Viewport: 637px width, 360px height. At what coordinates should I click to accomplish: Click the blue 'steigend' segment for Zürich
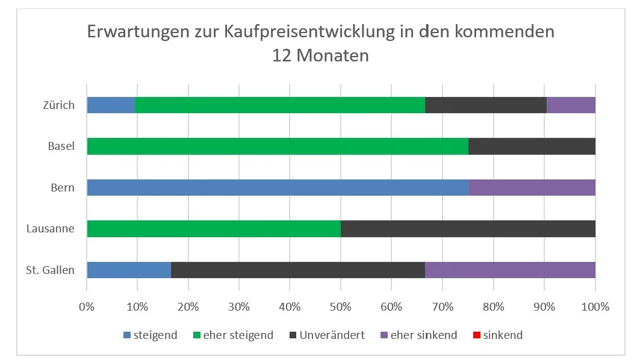coord(111,105)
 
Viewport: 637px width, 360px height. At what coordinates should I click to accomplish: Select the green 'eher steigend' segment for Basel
coord(278,146)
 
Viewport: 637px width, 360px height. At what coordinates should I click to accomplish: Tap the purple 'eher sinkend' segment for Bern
coord(532,187)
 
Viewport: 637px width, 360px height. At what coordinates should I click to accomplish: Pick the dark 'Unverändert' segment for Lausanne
coord(468,229)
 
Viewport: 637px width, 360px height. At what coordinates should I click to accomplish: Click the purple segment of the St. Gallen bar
coord(510,270)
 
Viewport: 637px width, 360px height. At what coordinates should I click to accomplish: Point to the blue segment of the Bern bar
coord(278,187)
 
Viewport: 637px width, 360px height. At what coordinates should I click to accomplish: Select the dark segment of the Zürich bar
coord(485,105)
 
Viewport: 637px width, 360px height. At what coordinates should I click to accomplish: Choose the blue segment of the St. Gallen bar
coord(129,270)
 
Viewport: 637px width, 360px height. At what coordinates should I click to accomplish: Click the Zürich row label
coord(58,105)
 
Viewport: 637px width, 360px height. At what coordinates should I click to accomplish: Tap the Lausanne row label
coord(51,229)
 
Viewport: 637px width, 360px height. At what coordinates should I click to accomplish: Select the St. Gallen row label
coord(51,270)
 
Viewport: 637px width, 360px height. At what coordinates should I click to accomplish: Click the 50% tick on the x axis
coord(341,306)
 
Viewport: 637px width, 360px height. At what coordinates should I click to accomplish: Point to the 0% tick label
coord(87,306)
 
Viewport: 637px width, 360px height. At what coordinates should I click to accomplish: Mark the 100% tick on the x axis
coord(595,306)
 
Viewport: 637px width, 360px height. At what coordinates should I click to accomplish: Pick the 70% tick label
coord(443,306)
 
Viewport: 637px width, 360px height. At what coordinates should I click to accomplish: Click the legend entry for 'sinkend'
coord(502,335)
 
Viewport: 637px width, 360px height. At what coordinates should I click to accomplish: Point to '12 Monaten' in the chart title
coord(320,56)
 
